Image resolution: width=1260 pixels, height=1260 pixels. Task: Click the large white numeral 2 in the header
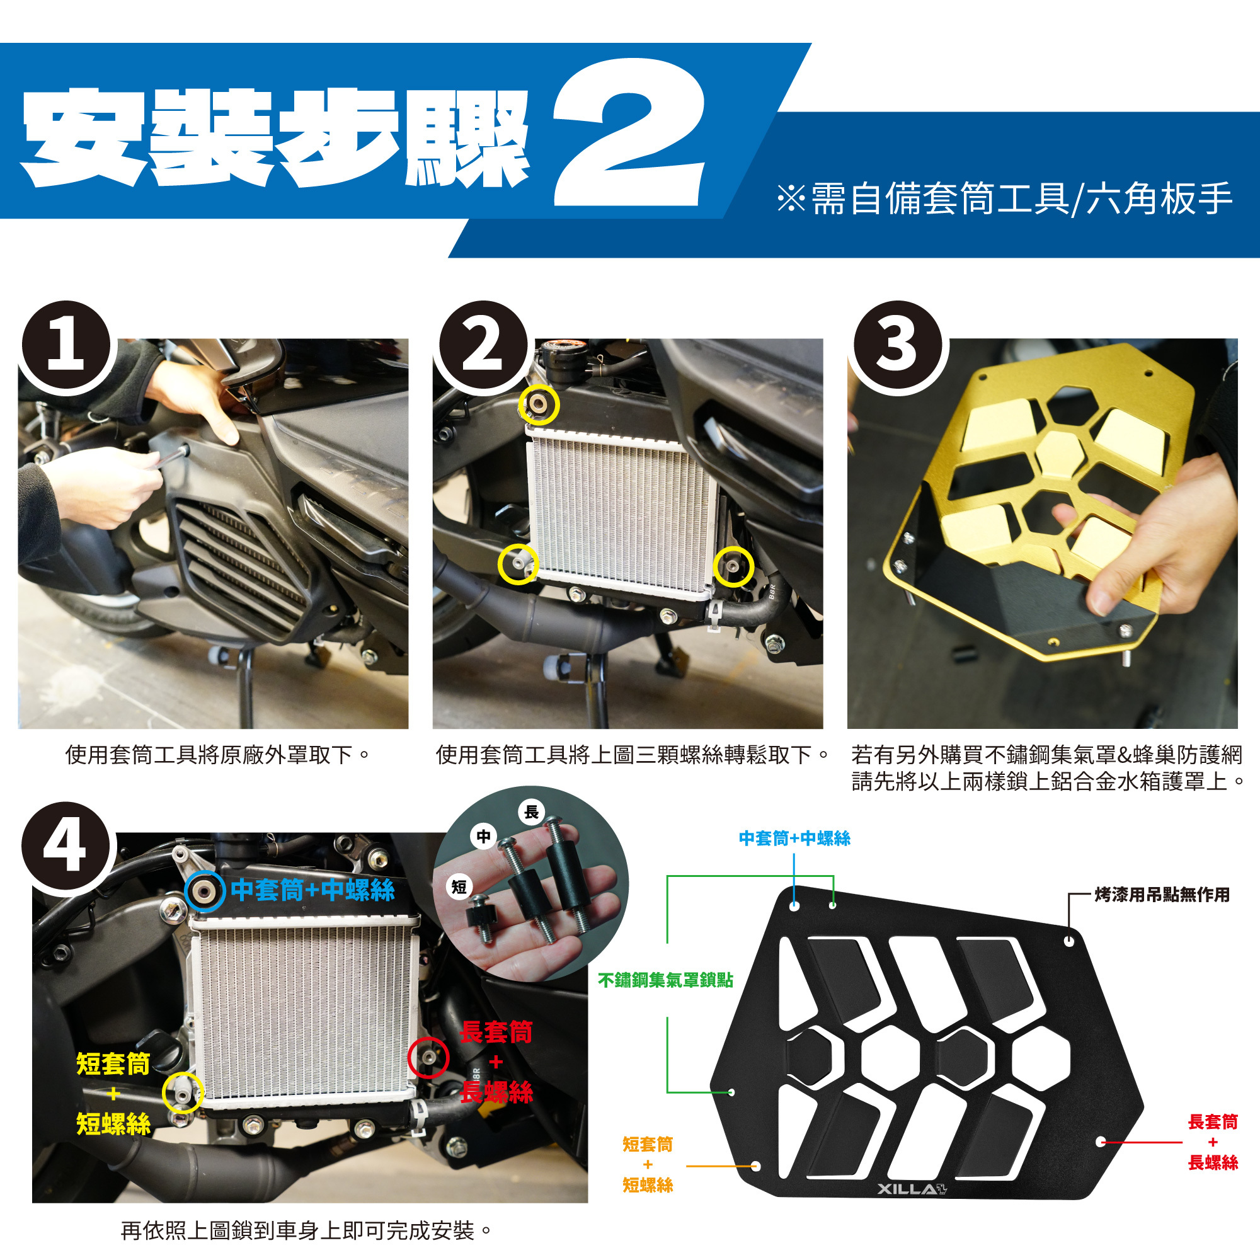(x=629, y=132)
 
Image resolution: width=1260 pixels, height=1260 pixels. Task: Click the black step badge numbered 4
(x=66, y=847)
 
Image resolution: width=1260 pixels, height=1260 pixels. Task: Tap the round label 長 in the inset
(x=532, y=812)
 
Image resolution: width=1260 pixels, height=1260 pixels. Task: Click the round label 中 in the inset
(x=483, y=836)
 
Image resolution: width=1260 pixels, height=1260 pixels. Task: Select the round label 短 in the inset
(x=459, y=887)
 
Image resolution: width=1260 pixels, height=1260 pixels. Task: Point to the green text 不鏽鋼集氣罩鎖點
(x=665, y=980)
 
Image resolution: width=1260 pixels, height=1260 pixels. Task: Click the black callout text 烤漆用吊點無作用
(x=1162, y=895)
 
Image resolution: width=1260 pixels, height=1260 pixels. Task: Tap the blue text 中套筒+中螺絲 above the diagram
(x=794, y=839)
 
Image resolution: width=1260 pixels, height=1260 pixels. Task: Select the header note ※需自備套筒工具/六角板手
(x=1005, y=199)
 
